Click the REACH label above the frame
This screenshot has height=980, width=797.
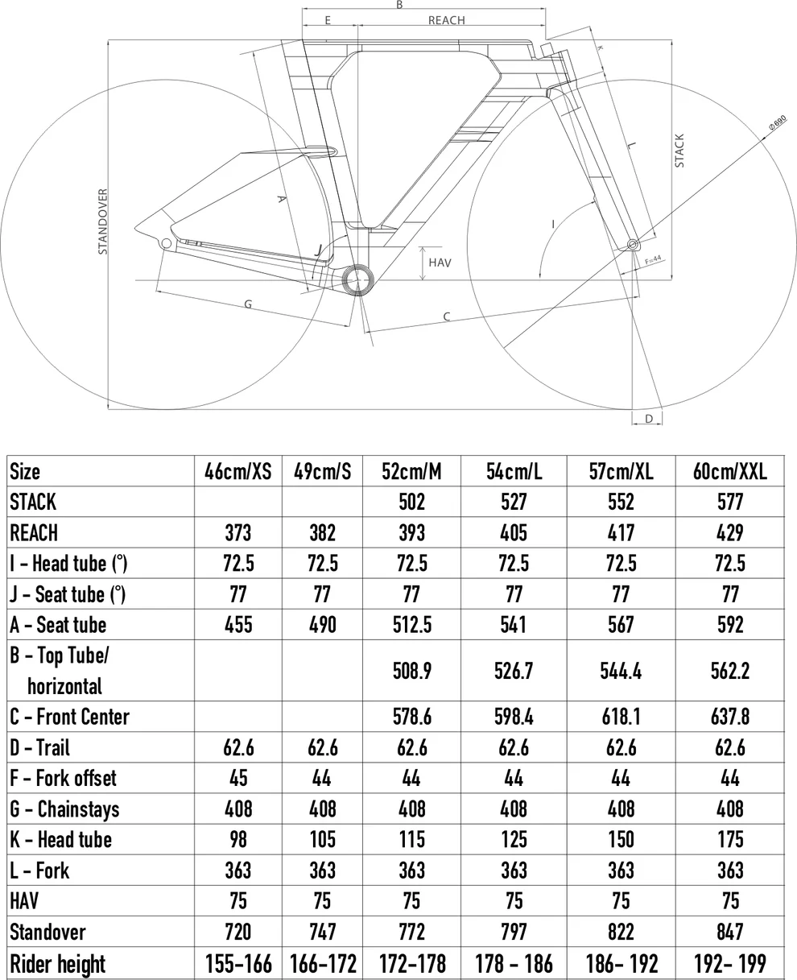pos(446,20)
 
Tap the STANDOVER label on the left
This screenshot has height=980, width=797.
pos(103,221)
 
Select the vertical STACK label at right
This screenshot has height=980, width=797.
pos(679,151)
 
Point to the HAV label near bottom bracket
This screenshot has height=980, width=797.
pos(440,263)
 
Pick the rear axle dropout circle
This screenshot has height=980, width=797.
pos(167,242)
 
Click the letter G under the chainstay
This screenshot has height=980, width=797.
pos(248,304)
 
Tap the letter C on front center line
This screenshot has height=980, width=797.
pos(447,316)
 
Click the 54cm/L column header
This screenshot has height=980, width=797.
pos(514,471)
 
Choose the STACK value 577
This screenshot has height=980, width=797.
pos(729,502)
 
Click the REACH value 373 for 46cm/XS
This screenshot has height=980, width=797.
pos(237,532)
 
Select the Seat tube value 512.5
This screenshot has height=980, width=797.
pos(411,624)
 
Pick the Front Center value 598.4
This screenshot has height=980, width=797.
pos(514,716)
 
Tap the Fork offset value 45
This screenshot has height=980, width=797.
pos(237,778)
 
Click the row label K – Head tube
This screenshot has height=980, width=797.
pos(61,839)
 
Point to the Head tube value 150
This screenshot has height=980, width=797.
pos(621,839)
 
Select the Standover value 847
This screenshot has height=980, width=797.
pos(729,932)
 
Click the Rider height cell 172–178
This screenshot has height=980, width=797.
pos(411,963)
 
